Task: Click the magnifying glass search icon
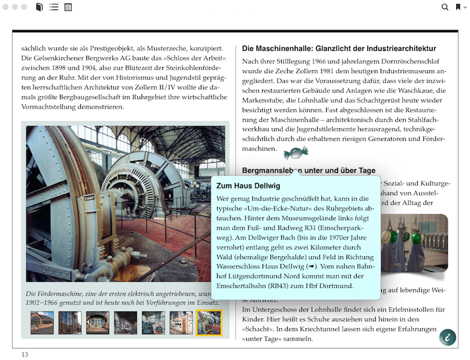coord(445,7)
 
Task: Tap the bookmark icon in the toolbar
coord(458,7)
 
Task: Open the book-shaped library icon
coord(40,7)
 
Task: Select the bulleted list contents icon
coord(54,7)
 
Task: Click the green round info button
coord(447,337)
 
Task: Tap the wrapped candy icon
coord(296,154)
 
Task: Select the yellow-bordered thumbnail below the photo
coord(209,322)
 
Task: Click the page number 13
coord(25,354)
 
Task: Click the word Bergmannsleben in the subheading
coord(271,170)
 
